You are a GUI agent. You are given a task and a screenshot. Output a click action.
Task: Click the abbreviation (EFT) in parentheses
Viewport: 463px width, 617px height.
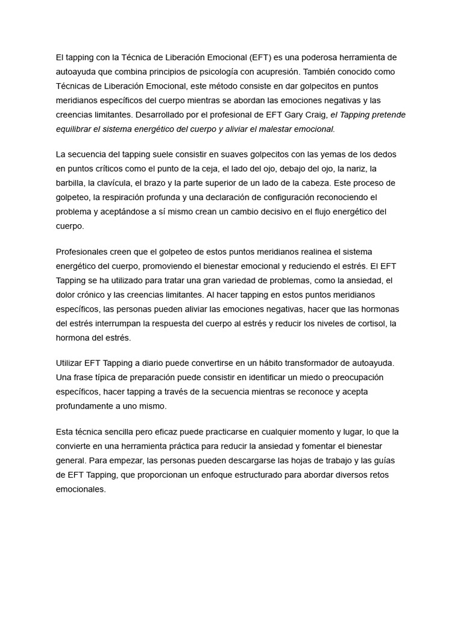coord(260,57)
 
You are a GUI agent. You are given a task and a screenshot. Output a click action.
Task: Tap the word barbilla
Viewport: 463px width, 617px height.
coord(71,183)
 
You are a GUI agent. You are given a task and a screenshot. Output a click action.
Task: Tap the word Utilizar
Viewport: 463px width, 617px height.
coord(71,363)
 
